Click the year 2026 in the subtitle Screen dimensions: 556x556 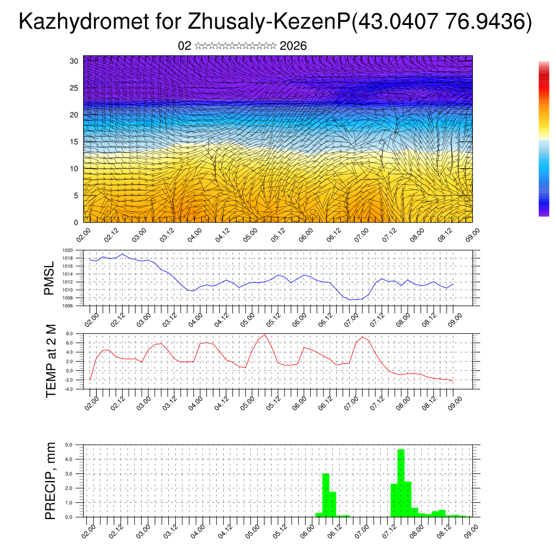[x=293, y=46]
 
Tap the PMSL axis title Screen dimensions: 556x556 [x=49, y=278]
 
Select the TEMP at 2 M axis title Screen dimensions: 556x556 [x=51, y=361]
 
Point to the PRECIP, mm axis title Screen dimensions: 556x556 [x=50, y=481]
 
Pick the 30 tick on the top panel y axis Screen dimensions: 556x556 [x=74, y=61]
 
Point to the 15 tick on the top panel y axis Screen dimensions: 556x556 [x=74, y=142]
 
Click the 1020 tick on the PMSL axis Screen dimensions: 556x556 [x=68, y=250]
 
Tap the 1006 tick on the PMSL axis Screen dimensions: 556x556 [x=68, y=306]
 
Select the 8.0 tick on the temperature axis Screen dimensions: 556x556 [x=69, y=333]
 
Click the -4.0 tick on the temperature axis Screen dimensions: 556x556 [x=68, y=389]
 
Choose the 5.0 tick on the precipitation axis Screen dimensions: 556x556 [x=69, y=445]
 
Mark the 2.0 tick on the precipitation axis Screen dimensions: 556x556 [x=69, y=488]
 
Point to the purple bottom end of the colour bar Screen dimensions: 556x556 [x=544, y=213]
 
